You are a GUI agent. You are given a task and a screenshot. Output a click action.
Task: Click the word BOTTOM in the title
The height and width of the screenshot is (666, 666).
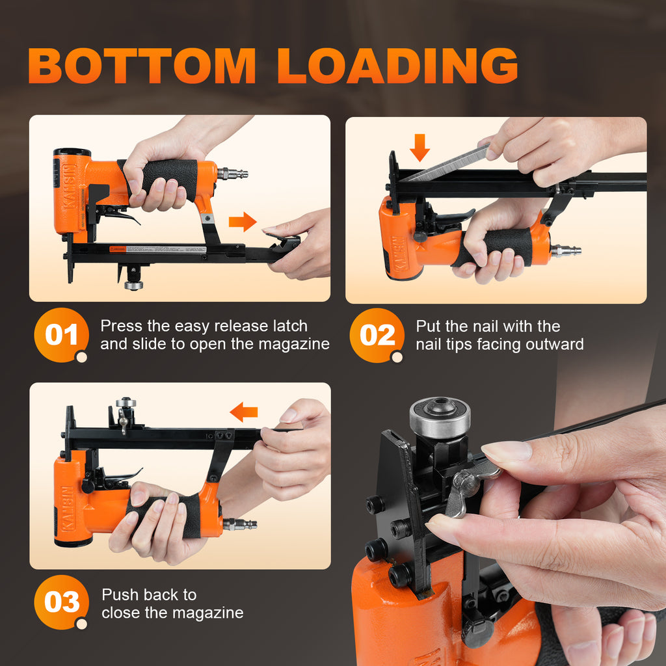click(x=142, y=66)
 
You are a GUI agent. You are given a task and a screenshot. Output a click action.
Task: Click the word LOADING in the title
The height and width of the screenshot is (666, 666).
click(x=397, y=66)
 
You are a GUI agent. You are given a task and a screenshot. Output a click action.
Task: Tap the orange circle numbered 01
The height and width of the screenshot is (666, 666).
click(x=62, y=335)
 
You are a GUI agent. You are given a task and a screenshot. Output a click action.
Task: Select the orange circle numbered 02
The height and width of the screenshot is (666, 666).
click(x=377, y=335)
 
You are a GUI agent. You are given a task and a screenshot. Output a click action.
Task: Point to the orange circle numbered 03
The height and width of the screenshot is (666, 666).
click(x=62, y=602)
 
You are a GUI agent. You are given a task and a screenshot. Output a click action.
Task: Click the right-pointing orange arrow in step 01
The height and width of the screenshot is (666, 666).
click(x=243, y=222)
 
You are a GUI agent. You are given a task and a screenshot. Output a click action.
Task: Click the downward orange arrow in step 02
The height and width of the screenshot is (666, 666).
click(x=420, y=148)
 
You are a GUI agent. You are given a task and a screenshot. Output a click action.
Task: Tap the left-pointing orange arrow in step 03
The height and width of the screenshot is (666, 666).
click(x=244, y=412)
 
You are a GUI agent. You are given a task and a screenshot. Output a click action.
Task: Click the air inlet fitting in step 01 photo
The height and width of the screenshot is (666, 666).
click(x=232, y=174)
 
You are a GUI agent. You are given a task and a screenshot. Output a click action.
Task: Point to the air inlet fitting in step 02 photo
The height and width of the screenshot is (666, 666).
click(x=566, y=250)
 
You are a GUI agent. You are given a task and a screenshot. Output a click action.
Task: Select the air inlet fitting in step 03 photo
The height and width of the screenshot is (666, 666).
click(x=240, y=524)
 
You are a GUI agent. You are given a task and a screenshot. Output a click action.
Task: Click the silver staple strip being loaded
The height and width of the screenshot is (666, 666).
click(x=446, y=163)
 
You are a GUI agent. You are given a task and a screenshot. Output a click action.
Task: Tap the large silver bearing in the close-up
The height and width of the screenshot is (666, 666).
click(x=440, y=417)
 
